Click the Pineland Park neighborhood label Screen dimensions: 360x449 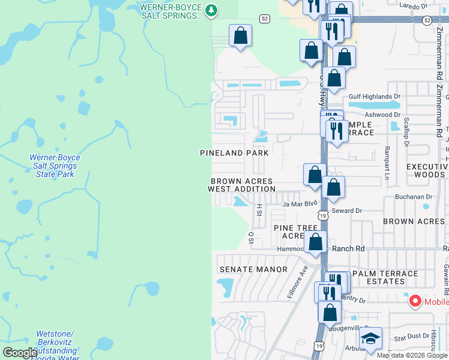pyautogui.click(x=234, y=153)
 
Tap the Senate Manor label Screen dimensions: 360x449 pyautogui.click(x=253, y=270)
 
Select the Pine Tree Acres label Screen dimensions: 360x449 pyautogui.click(x=295, y=232)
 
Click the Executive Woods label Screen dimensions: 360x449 pyautogui.click(x=427, y=170)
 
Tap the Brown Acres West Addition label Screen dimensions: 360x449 pyautogui.click(x=241, y=185)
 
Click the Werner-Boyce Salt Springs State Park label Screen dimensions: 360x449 pyautogui.click(x=55, y=166)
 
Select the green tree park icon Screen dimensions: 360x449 pyautogui.click(x=211, y=10)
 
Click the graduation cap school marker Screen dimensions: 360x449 pyautogui.click(x=370, y=339)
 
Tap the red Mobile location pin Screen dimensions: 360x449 pyautogui.click(x=415, y=301)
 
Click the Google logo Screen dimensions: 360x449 pyautogui.click(x=20, y=353)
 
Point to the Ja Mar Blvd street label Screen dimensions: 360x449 pyautogui.click(x=299, y=204)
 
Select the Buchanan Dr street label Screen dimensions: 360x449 pyautogui.click(x=414, y=196)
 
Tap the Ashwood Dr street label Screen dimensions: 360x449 pyautogui.click(x=382, y=114)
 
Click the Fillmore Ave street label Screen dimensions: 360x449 pyautogui.click(x=297, y=287)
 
